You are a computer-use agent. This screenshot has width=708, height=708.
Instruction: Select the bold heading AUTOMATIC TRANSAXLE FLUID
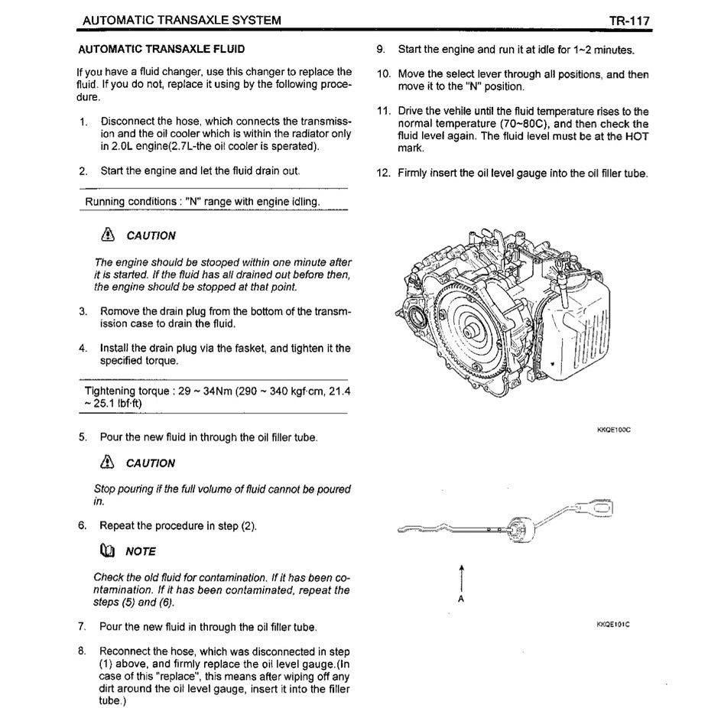(x=161, y=49)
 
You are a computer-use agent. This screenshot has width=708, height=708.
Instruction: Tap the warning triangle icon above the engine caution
(x=107, y=235)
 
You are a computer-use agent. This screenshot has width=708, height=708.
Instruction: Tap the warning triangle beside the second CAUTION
(x=107, y=463)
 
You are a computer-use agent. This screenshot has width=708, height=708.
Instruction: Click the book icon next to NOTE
(x=107, y=550)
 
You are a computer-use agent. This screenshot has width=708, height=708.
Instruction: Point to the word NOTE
(x=141, y=551)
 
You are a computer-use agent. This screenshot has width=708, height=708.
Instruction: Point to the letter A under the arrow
(x=460, y=599)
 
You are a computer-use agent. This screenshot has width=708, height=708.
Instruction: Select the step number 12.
(x=384, y=173)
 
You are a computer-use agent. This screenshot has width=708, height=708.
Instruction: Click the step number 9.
(x=380, y=50)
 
